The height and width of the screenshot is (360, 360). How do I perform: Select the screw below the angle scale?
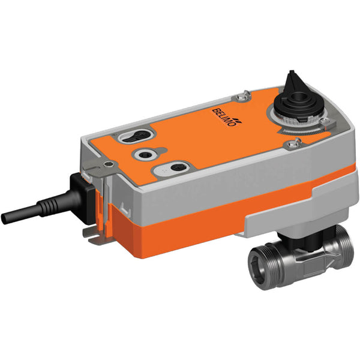tap(294, 142)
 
